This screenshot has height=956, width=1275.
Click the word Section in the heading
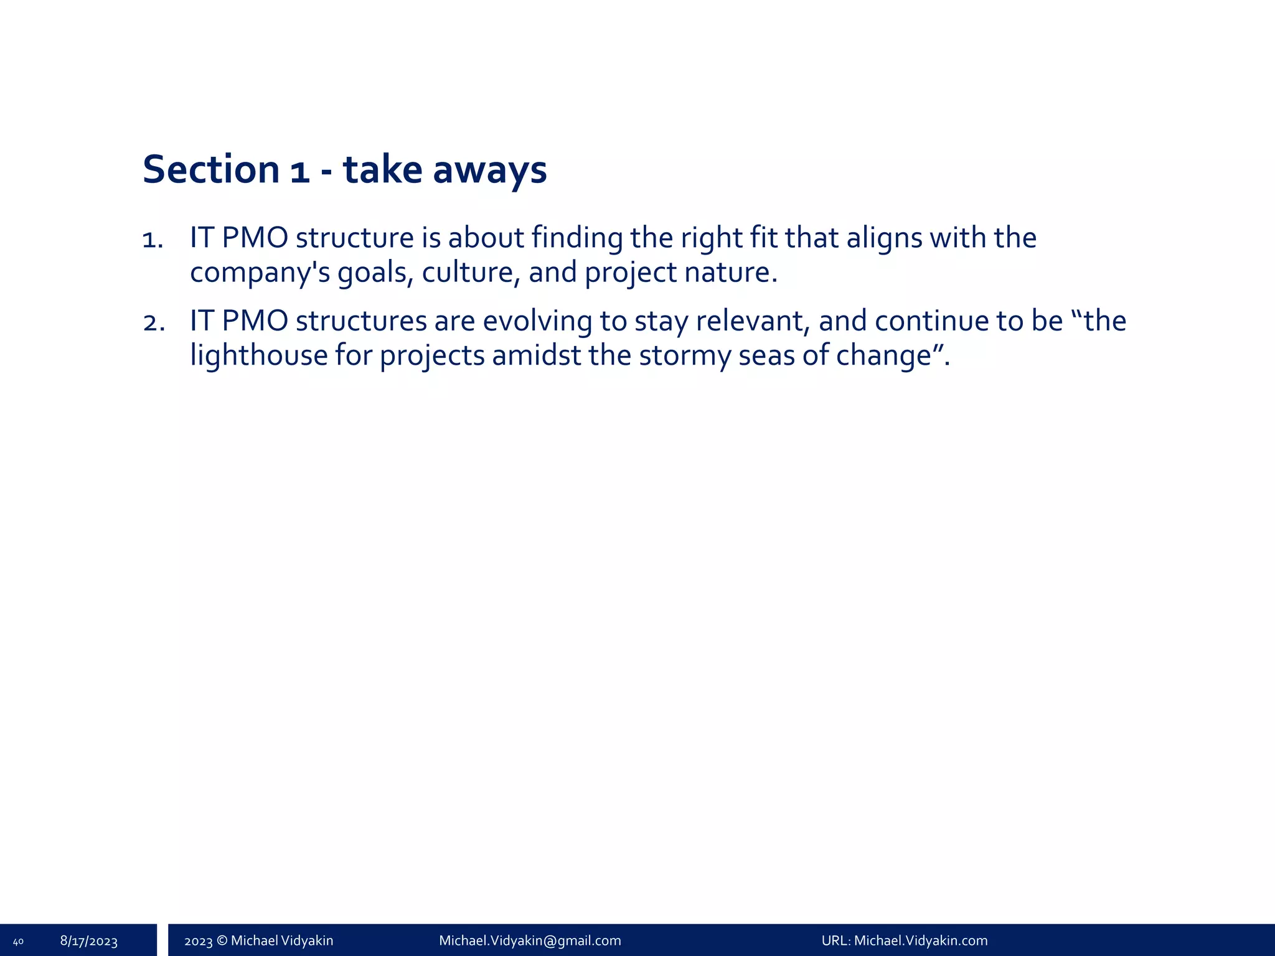(211, 169)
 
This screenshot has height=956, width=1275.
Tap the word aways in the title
(489, 169)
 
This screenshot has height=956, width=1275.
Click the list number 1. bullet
(153, 239)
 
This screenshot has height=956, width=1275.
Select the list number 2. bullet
(154, 322)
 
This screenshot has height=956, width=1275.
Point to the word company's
(260, 273)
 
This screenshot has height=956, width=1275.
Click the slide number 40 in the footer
(18, 941)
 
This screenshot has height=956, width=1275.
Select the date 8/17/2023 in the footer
(89, 941)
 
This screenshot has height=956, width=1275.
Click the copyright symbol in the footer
(222, 940)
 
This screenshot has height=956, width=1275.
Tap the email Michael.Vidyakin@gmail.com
(530, 940)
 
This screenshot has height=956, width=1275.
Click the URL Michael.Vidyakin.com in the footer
(920, 940)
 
